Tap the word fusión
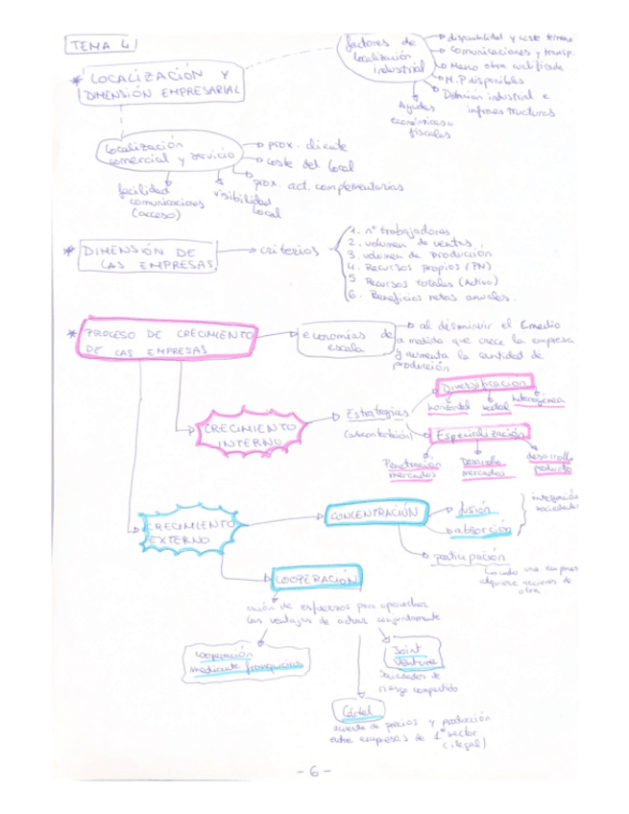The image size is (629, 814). pyautogui.click(x=472, y=510)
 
